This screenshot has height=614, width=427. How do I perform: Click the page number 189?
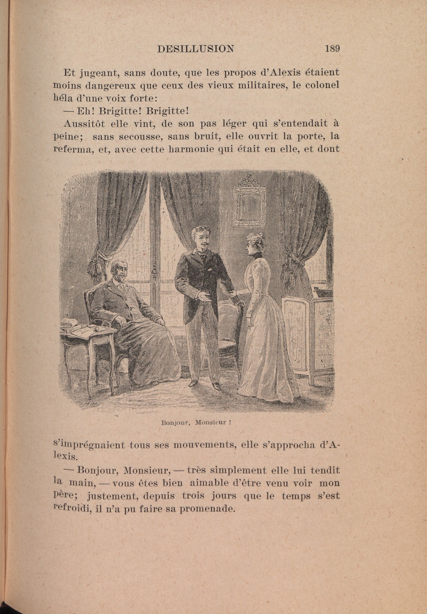coord(332,49)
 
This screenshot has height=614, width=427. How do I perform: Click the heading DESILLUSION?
coord(196,49)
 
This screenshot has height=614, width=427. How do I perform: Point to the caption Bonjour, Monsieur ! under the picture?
coord(196,423)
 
